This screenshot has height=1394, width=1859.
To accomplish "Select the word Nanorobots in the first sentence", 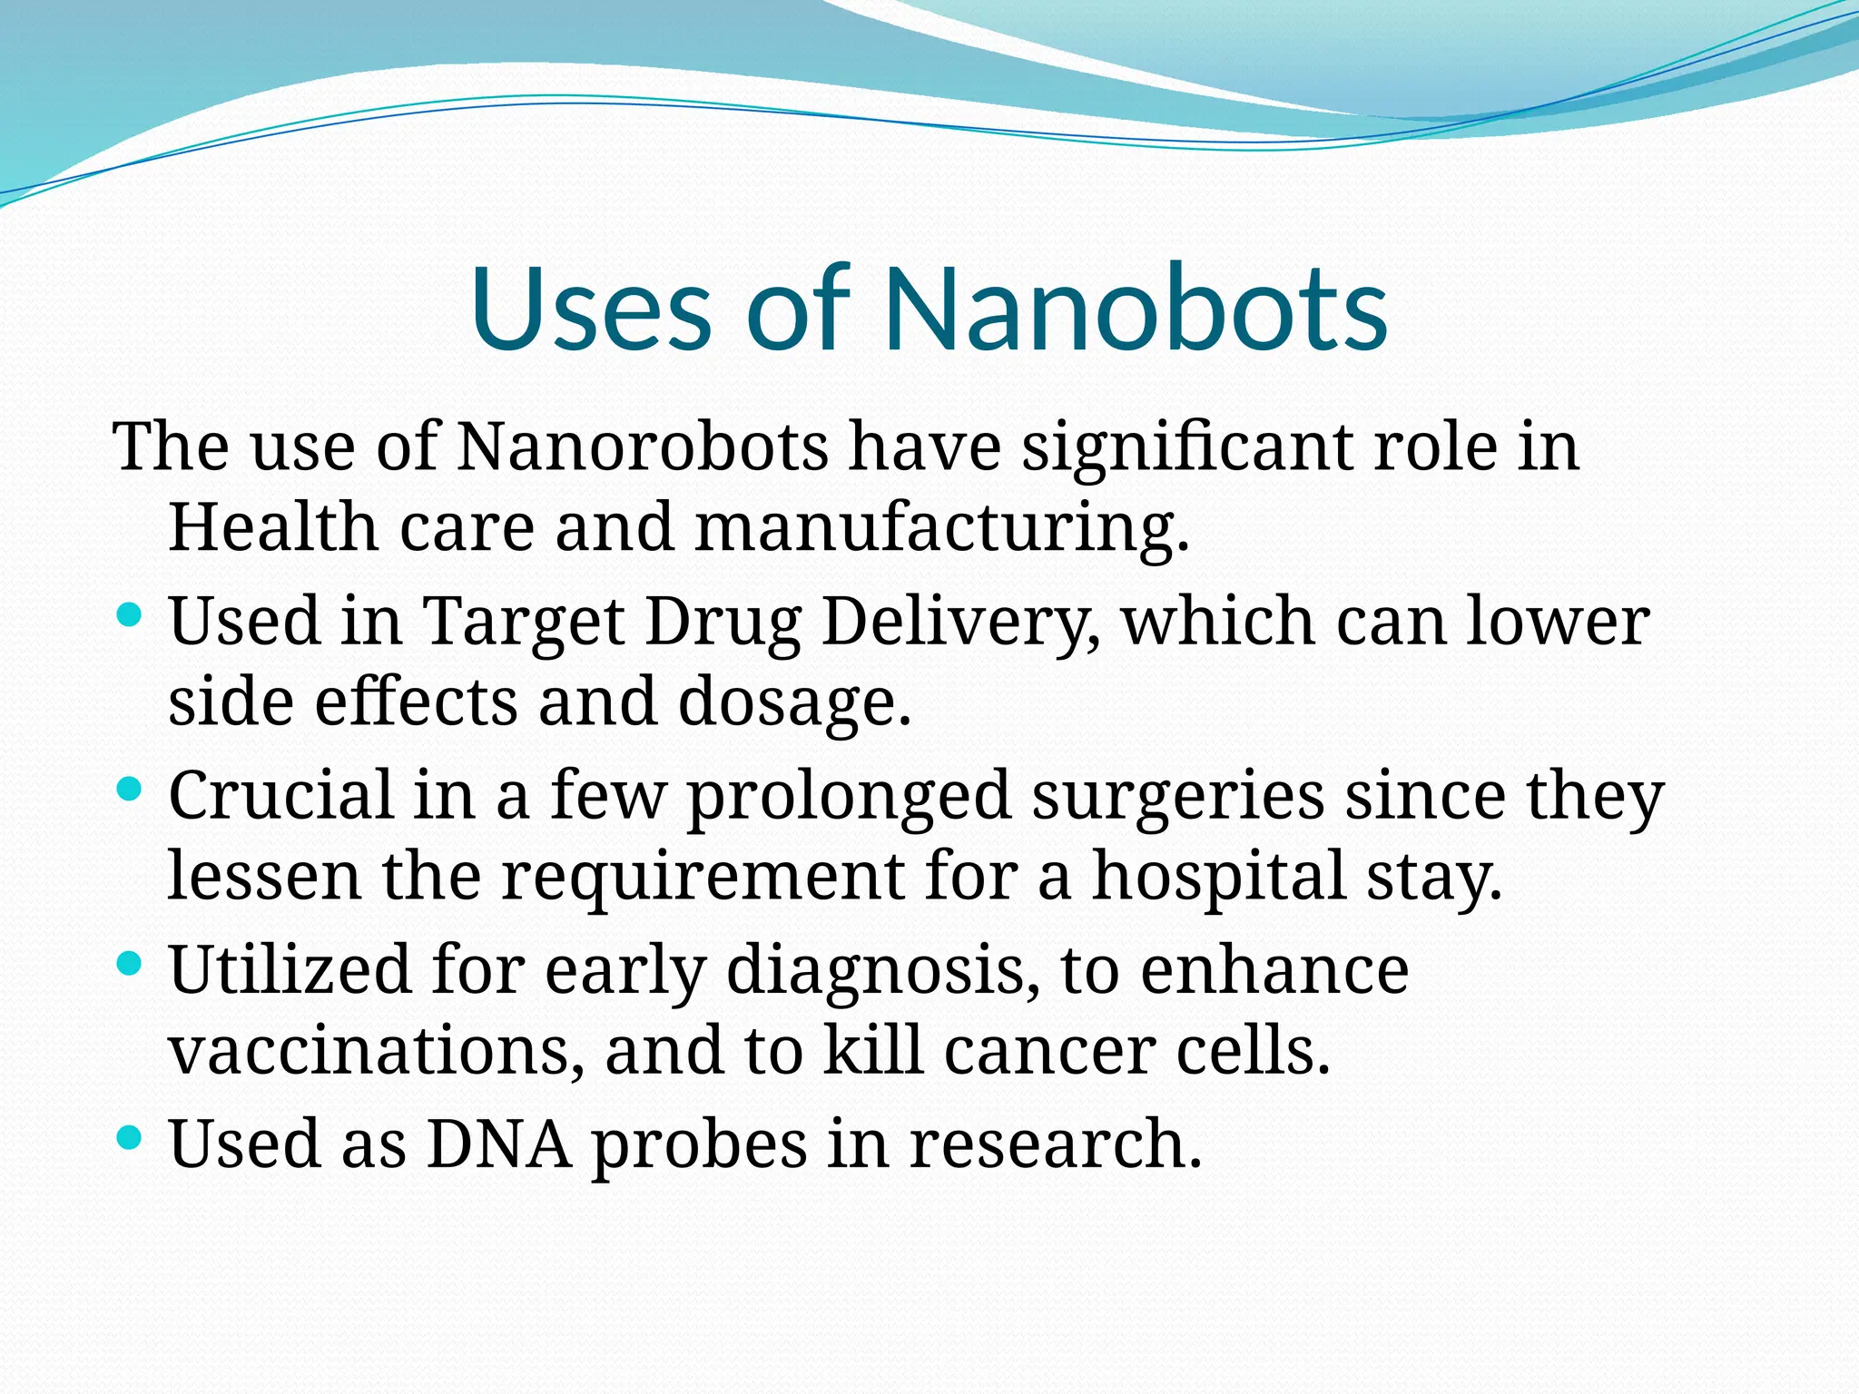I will pos(642,447).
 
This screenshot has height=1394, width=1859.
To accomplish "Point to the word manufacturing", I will pos(941,527).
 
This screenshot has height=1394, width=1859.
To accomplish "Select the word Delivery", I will pos(960,623).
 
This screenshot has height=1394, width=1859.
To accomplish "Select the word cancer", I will pos(1049,1051).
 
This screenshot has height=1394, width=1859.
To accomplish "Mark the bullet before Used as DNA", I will pos(130,1137).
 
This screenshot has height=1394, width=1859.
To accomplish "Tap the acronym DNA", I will pos(499,1144).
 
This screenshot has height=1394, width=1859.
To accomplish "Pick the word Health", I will pos(272,527).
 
